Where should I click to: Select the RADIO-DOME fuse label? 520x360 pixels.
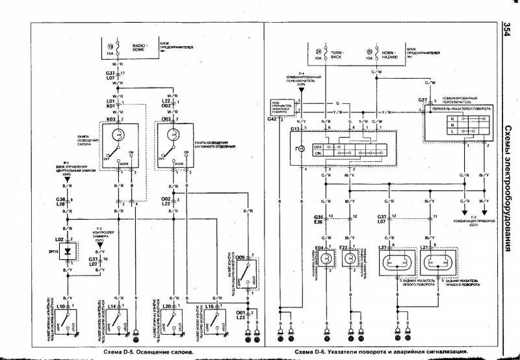[135, 46]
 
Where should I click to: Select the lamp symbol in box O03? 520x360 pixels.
[173, 135]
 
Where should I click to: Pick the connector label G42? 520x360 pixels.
[271, 119]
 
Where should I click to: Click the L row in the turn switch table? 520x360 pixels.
[449, 132]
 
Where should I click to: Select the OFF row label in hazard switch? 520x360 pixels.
[318, 146]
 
